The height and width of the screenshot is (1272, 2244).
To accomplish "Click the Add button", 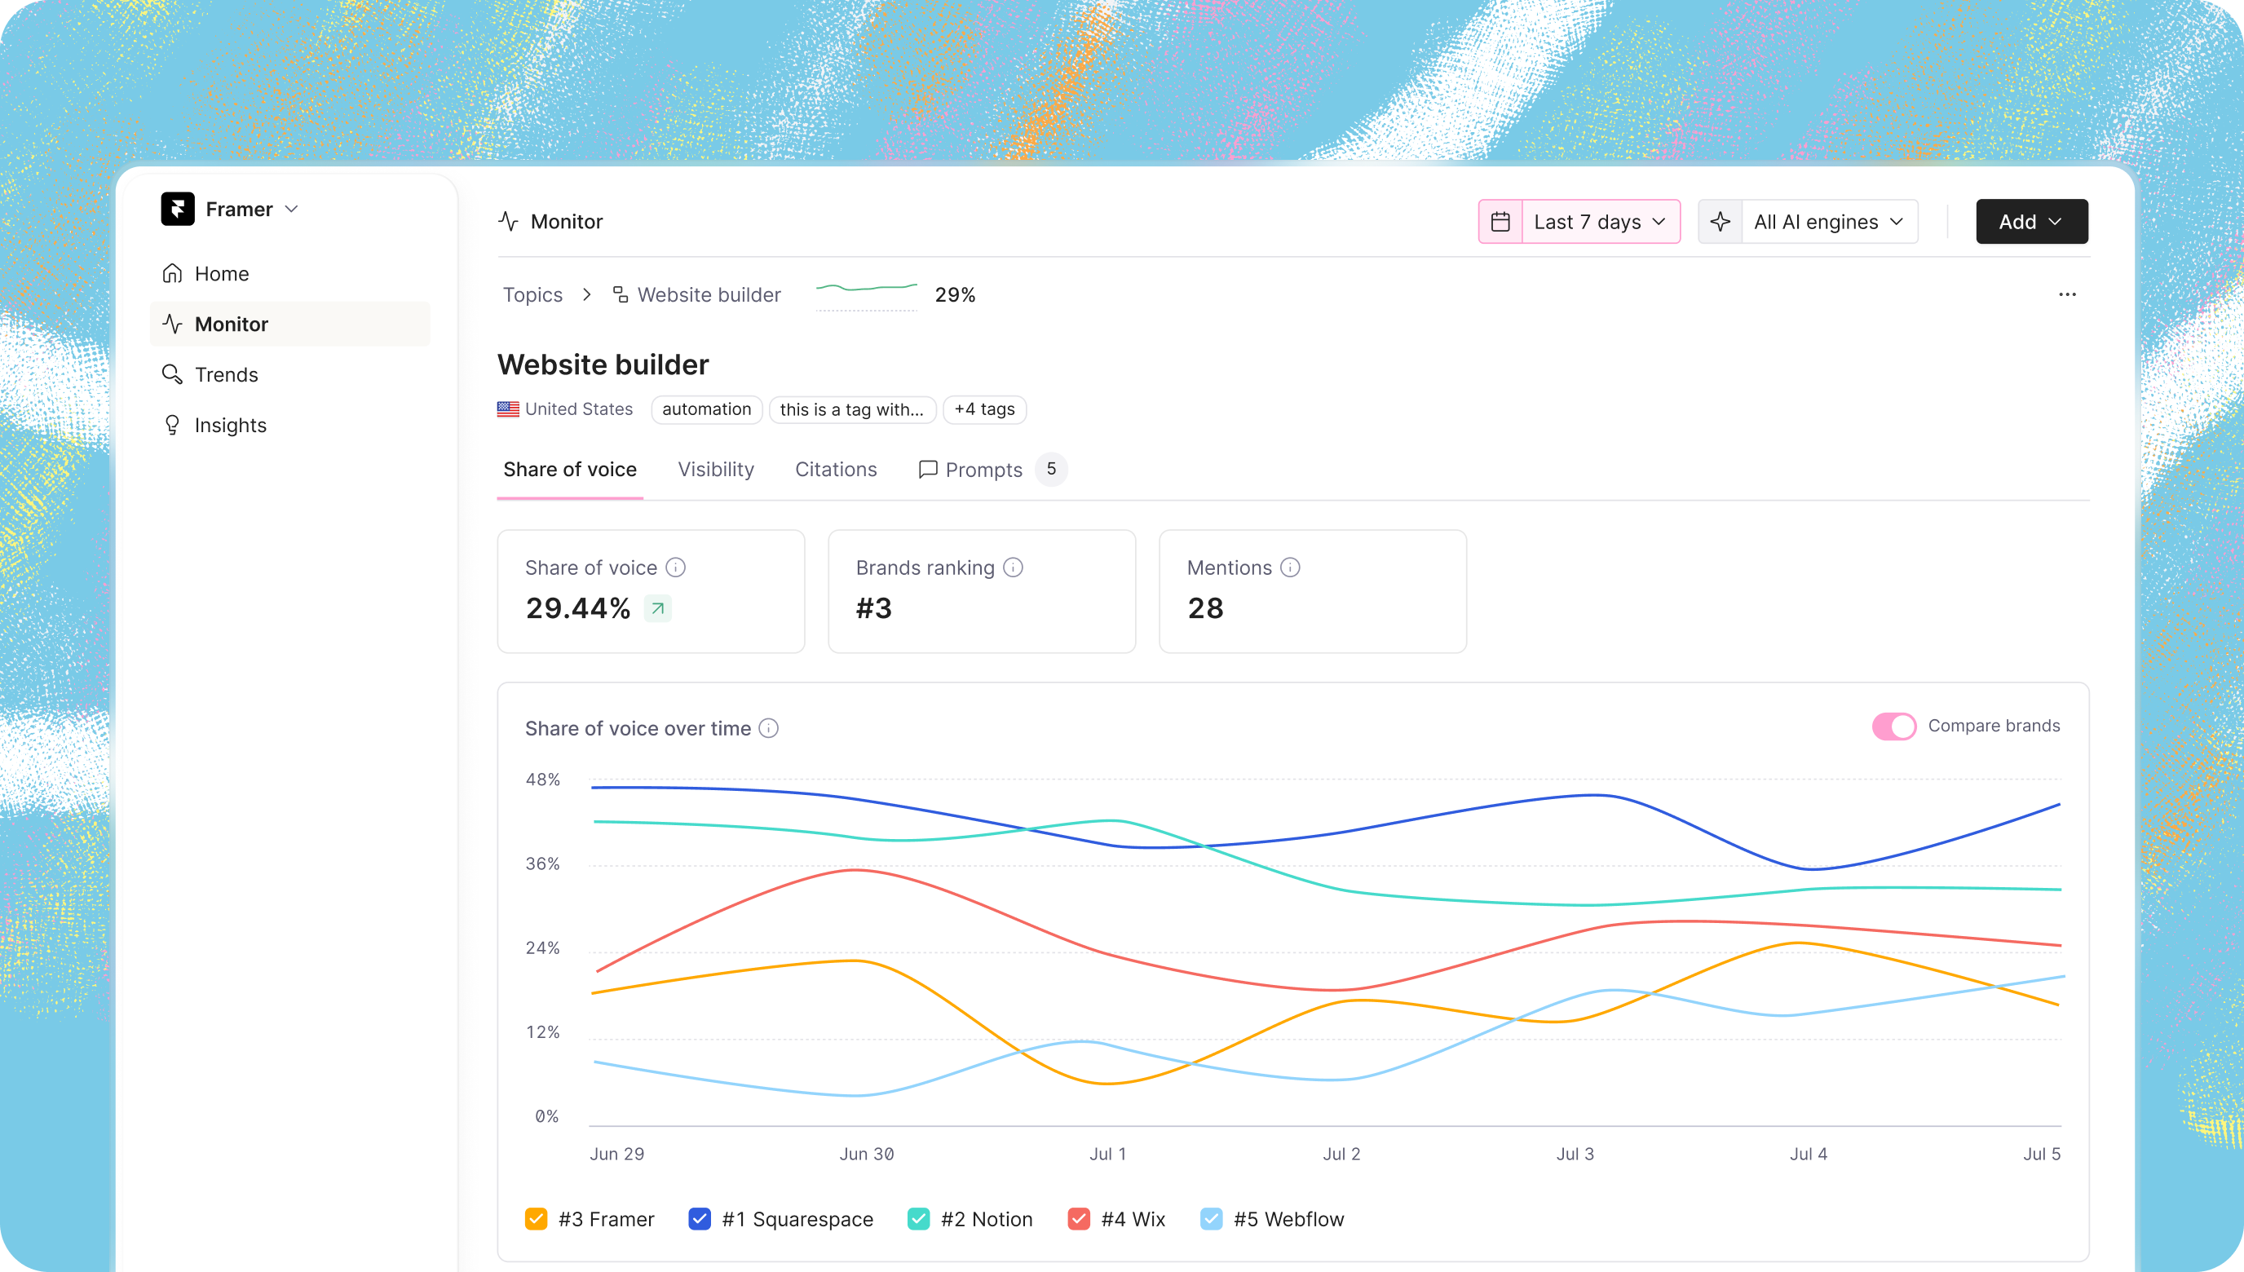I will (2031, 222).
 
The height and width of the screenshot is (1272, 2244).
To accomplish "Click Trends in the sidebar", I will (226, 375).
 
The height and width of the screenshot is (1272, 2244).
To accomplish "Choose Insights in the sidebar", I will (230, 426).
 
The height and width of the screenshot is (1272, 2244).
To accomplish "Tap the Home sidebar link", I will (221, 274).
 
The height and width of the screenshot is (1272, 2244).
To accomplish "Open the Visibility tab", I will (715, 470).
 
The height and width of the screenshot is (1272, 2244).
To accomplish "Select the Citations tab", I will (835, 470).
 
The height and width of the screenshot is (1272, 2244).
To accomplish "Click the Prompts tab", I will (983, 470).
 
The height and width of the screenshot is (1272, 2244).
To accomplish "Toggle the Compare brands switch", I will (1893, 726).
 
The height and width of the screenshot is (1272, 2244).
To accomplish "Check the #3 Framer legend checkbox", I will (537, 1219).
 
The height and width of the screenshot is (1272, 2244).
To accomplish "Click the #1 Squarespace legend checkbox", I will (700, 1219).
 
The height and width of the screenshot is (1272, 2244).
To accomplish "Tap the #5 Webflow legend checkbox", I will (1211, 1219).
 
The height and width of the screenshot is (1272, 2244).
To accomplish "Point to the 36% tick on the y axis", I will (542, 864).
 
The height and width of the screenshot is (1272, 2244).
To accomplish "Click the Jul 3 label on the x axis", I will (1575, 1154).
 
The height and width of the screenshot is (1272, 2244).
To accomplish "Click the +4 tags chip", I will (984, 409).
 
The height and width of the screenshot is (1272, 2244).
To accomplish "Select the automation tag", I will (706, 409).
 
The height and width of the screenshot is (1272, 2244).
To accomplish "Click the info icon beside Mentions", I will (1290, 568).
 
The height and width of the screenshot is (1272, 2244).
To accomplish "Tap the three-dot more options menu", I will (2067, 294).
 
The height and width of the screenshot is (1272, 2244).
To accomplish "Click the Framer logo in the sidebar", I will (177, 209).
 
